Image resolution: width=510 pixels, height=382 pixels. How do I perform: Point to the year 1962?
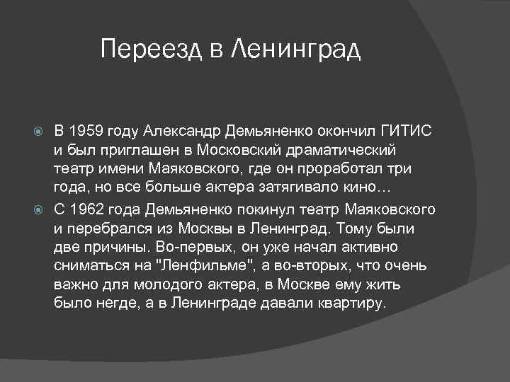(x=87, y=210)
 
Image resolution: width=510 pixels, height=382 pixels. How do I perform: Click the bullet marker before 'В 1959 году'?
(x=40, y=132)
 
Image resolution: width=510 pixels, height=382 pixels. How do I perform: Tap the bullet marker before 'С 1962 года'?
(x=40, y=211)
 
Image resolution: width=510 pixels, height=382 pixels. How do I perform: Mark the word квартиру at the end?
(x=353, y=303)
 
